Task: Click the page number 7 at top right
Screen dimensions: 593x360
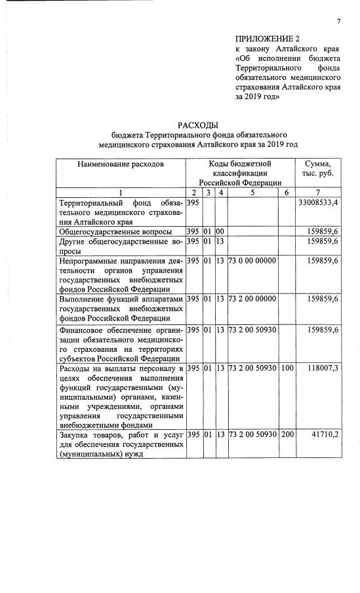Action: tap(339, 22)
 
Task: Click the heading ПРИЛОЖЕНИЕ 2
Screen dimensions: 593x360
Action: tap(267, 39)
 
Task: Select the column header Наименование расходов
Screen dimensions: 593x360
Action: tap(121, 163)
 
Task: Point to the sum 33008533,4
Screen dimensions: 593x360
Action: tap(317, 204)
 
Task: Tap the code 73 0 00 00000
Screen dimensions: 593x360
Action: tap(252, 261)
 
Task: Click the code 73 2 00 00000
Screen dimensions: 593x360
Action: tap(252, 299)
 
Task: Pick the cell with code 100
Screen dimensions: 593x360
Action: tap(287, 370)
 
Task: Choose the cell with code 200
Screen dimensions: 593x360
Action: tap(287, 435)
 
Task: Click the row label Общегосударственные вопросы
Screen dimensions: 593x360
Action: tap(115, 232)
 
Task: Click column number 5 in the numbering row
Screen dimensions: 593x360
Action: tap(252, 192)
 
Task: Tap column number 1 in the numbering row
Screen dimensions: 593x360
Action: tap(121, 192)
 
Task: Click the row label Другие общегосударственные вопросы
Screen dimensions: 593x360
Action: tap(121, 246)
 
